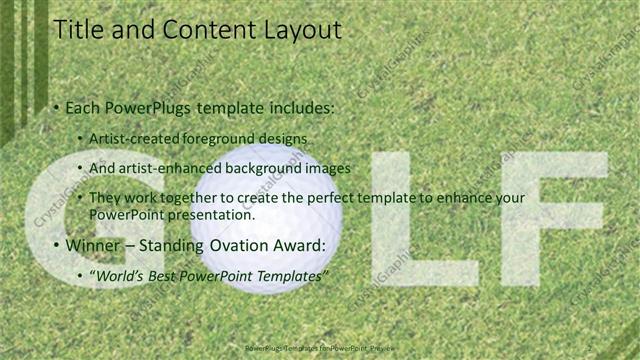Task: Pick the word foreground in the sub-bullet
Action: [x=218, y=138]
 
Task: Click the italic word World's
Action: [x=119, y=275]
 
